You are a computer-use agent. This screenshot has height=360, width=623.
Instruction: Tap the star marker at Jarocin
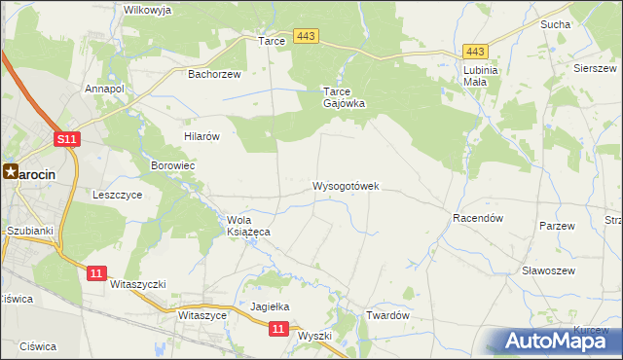tap(11, 171)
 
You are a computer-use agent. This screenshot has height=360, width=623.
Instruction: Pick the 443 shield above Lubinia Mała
tap(475, 52)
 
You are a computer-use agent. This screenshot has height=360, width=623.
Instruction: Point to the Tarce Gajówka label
tap(344, 97)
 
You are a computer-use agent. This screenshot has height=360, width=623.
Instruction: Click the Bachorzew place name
tap(213, 73)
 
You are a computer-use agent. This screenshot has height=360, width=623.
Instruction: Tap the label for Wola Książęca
tap(247, 226)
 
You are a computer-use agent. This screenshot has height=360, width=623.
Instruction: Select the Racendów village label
tap(477, 219)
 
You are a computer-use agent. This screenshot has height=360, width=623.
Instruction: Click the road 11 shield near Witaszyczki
tap(95, 273)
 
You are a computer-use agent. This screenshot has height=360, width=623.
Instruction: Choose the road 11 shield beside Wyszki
tap(278, 330)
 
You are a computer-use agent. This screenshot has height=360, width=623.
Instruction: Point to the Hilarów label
tap(202, 136)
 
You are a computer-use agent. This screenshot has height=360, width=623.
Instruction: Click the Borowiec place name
tap(173, 166)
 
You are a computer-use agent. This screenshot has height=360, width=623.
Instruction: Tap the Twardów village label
tap(386, 316)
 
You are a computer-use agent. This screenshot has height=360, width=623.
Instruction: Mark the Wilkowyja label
tap(147, 10)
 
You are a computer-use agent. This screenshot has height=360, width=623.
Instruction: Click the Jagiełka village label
tap(271, 306)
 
